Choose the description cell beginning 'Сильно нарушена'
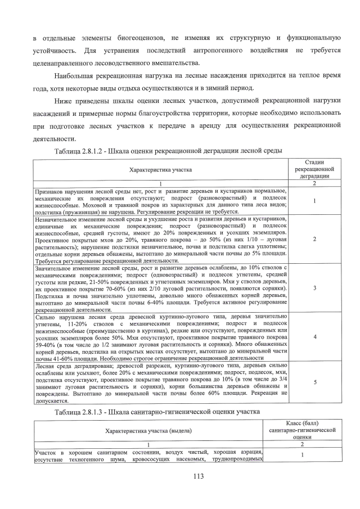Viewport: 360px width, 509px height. point(160,337)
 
